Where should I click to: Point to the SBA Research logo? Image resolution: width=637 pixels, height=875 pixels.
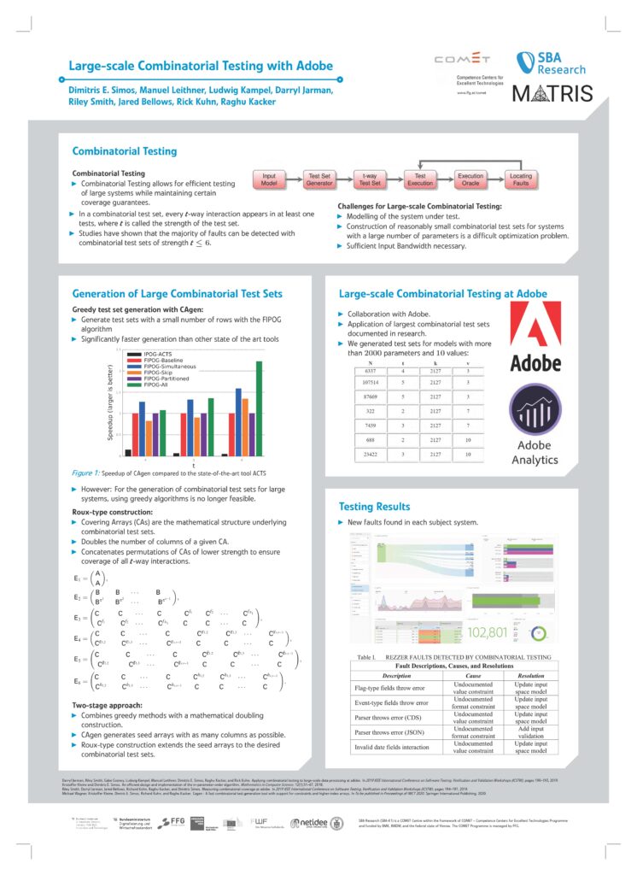click(550, 64)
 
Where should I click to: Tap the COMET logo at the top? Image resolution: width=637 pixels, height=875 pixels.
click(463, 60)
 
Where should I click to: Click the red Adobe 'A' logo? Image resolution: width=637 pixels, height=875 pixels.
click(535, 327)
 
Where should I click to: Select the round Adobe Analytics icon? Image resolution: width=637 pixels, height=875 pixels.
click(534, 413)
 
